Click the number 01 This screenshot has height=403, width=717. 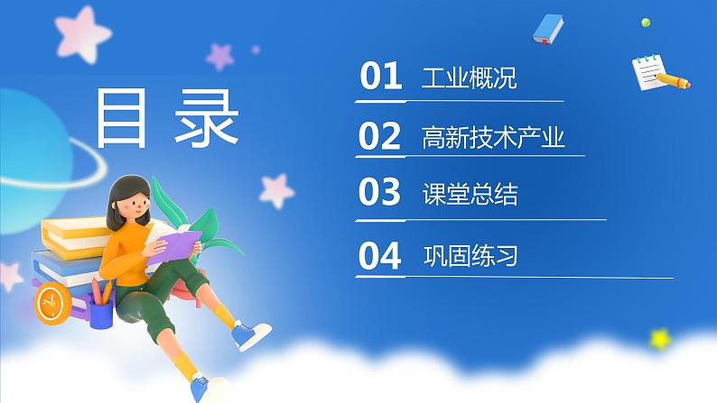pos(380,78)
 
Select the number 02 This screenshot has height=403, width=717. pos(379,137)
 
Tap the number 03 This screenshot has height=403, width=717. pos(379,195)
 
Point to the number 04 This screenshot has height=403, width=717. pos(379,257)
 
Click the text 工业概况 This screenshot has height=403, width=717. pos(470,78)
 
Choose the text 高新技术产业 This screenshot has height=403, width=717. pos(493,138)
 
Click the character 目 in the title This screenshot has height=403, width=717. pos(123,118)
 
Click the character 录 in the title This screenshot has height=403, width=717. pos(210,118)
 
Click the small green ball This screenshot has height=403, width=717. pos(645,22)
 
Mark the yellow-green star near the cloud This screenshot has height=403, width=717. pos(662,339)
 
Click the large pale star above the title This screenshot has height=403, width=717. pos(78,32)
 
